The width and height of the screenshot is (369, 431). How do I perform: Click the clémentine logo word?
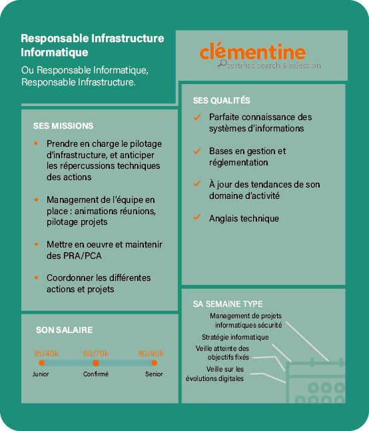click(x=252, y=51)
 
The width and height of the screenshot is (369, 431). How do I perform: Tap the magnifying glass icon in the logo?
click(x=222, y=63)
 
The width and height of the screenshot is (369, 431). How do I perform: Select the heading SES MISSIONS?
click(x=63, y=126)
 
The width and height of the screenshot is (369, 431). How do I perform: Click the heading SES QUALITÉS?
click(x=221, y=101)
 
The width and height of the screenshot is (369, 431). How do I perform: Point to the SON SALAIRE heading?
click(x=64, y=330)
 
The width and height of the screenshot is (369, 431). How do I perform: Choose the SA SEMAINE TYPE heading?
click(x=228, y=304)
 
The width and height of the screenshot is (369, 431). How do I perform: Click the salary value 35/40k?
click(x=46, y=354)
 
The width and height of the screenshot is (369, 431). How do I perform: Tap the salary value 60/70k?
click(x=96, y=354)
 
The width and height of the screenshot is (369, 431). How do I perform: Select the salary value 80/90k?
click(x=151, y=354)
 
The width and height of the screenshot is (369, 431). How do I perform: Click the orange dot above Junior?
click(x=42, y=363)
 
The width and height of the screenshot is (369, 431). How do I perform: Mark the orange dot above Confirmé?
click(x=96, y=363)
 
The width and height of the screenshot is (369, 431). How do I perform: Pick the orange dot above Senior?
click(x=154, y=363)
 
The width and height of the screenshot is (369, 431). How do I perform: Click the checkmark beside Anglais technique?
click(x=197, y=217)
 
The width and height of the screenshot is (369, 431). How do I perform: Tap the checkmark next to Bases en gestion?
click(x=197, y=151)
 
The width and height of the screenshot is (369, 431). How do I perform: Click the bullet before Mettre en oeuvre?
click(x=36, y=244)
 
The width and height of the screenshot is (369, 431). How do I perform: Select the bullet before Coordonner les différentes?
click(x=36, y=278)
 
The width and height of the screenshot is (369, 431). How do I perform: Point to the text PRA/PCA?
click(x=83, y=256)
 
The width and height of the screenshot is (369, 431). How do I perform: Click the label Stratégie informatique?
click(x=235, y=338)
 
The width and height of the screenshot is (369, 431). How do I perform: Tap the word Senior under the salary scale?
click(x=154, y=374)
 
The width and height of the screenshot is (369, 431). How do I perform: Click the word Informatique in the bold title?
click(x=55, y=52)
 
